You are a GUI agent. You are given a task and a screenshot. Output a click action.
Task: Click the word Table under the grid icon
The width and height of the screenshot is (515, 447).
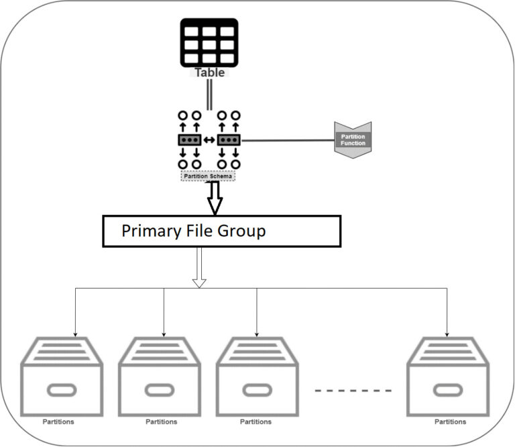209,72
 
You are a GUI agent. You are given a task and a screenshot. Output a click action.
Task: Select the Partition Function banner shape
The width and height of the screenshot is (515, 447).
353,140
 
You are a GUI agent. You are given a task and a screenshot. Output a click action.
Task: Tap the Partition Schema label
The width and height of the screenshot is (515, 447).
209,175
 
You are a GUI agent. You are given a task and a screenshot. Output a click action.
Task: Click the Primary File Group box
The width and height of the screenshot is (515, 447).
221,232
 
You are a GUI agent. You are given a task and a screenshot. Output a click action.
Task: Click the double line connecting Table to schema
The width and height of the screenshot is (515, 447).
209,95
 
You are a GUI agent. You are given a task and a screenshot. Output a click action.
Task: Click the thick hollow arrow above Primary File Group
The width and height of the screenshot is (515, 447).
215,197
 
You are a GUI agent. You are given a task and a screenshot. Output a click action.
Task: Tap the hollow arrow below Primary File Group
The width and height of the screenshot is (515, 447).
198,268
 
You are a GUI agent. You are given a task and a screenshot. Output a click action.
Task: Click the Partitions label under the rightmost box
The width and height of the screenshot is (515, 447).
450,421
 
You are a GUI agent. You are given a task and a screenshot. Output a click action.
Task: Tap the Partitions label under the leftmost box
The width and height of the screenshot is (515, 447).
58,421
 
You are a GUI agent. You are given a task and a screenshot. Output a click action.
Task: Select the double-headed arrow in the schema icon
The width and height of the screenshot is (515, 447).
209,140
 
